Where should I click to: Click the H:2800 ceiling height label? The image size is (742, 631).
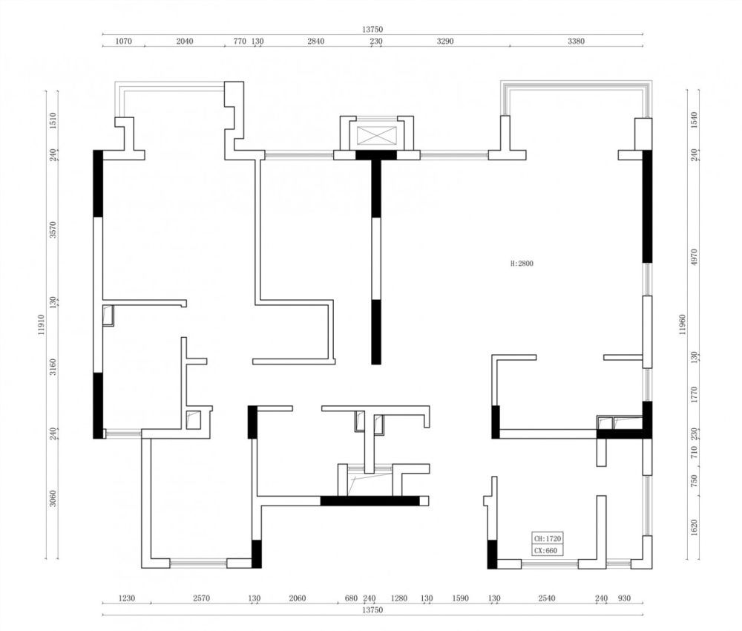click(x=522, y=264)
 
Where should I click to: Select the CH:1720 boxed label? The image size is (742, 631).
click(x=548, y=539)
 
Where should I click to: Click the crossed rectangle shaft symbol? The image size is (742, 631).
click(x=377, y=135)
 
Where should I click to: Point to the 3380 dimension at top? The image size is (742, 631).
click(x=576, y=41)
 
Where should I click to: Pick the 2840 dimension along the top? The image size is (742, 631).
click(x=315, y=41)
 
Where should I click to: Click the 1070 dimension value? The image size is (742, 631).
click(x=123, y=41)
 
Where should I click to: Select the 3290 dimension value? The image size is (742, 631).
click(x=444, y=41)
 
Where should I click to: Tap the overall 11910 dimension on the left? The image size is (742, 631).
click(x=41, y=324)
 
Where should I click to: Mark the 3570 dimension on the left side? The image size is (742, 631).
click(x=53, y=229)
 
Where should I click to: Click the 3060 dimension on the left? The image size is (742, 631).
click(x=53, y=498)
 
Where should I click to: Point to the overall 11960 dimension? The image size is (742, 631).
click(x=683, y=324)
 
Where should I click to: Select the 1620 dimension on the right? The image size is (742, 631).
click(x=695, y=528)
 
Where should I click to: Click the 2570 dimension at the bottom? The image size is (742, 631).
click(x=201, y=598)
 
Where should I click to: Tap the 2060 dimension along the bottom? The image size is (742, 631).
click(x=298, y=598)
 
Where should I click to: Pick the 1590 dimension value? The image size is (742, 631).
click(x=460, y=598)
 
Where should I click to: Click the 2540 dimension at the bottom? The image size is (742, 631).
click(x=547, y=598)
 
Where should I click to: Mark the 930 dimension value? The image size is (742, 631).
click(x=624, y=598)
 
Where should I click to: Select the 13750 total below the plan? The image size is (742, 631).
click(x=372, y=610)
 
